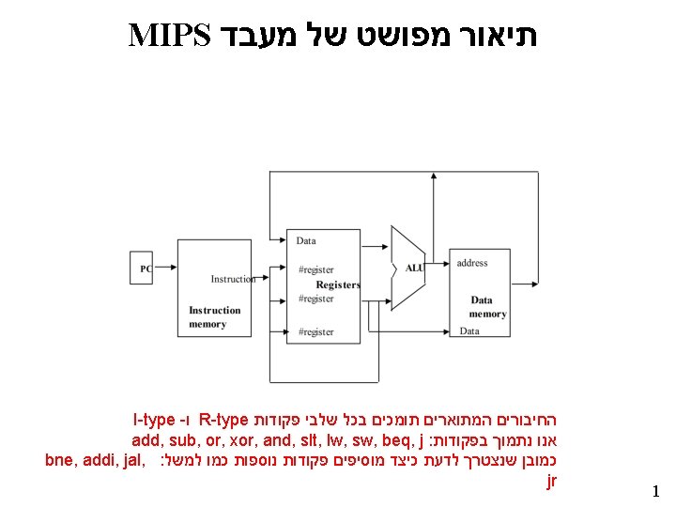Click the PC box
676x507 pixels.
(x=143, y=269)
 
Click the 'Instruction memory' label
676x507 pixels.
(x=215, y=317)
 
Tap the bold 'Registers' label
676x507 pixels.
(x=338, y=284)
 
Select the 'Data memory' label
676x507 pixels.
(x=487, y=307)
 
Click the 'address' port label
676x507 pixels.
(x=472, y=263)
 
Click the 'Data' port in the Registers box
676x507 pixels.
(x=306, y=240)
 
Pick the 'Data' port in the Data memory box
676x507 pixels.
(x=469, y=330)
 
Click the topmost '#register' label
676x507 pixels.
(x=315, y=269)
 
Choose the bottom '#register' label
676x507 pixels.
(x=315, y=331)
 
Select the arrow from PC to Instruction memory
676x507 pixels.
(x=165, y=269)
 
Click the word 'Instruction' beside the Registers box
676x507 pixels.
(x=233, y=279)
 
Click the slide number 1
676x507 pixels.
(x=655, y=491)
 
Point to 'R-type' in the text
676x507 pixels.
(x=224, y=419)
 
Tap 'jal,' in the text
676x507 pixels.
(x=130, y=460)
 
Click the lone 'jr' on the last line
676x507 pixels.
(x=551, y=481)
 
